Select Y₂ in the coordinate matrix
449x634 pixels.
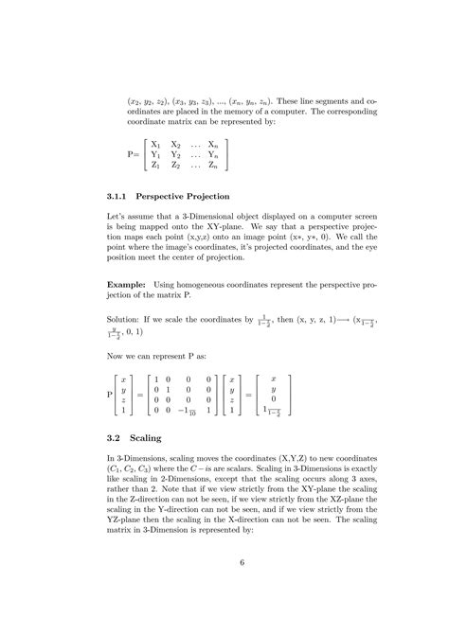(176, 156)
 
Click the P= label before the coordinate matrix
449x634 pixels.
(134, 156)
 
